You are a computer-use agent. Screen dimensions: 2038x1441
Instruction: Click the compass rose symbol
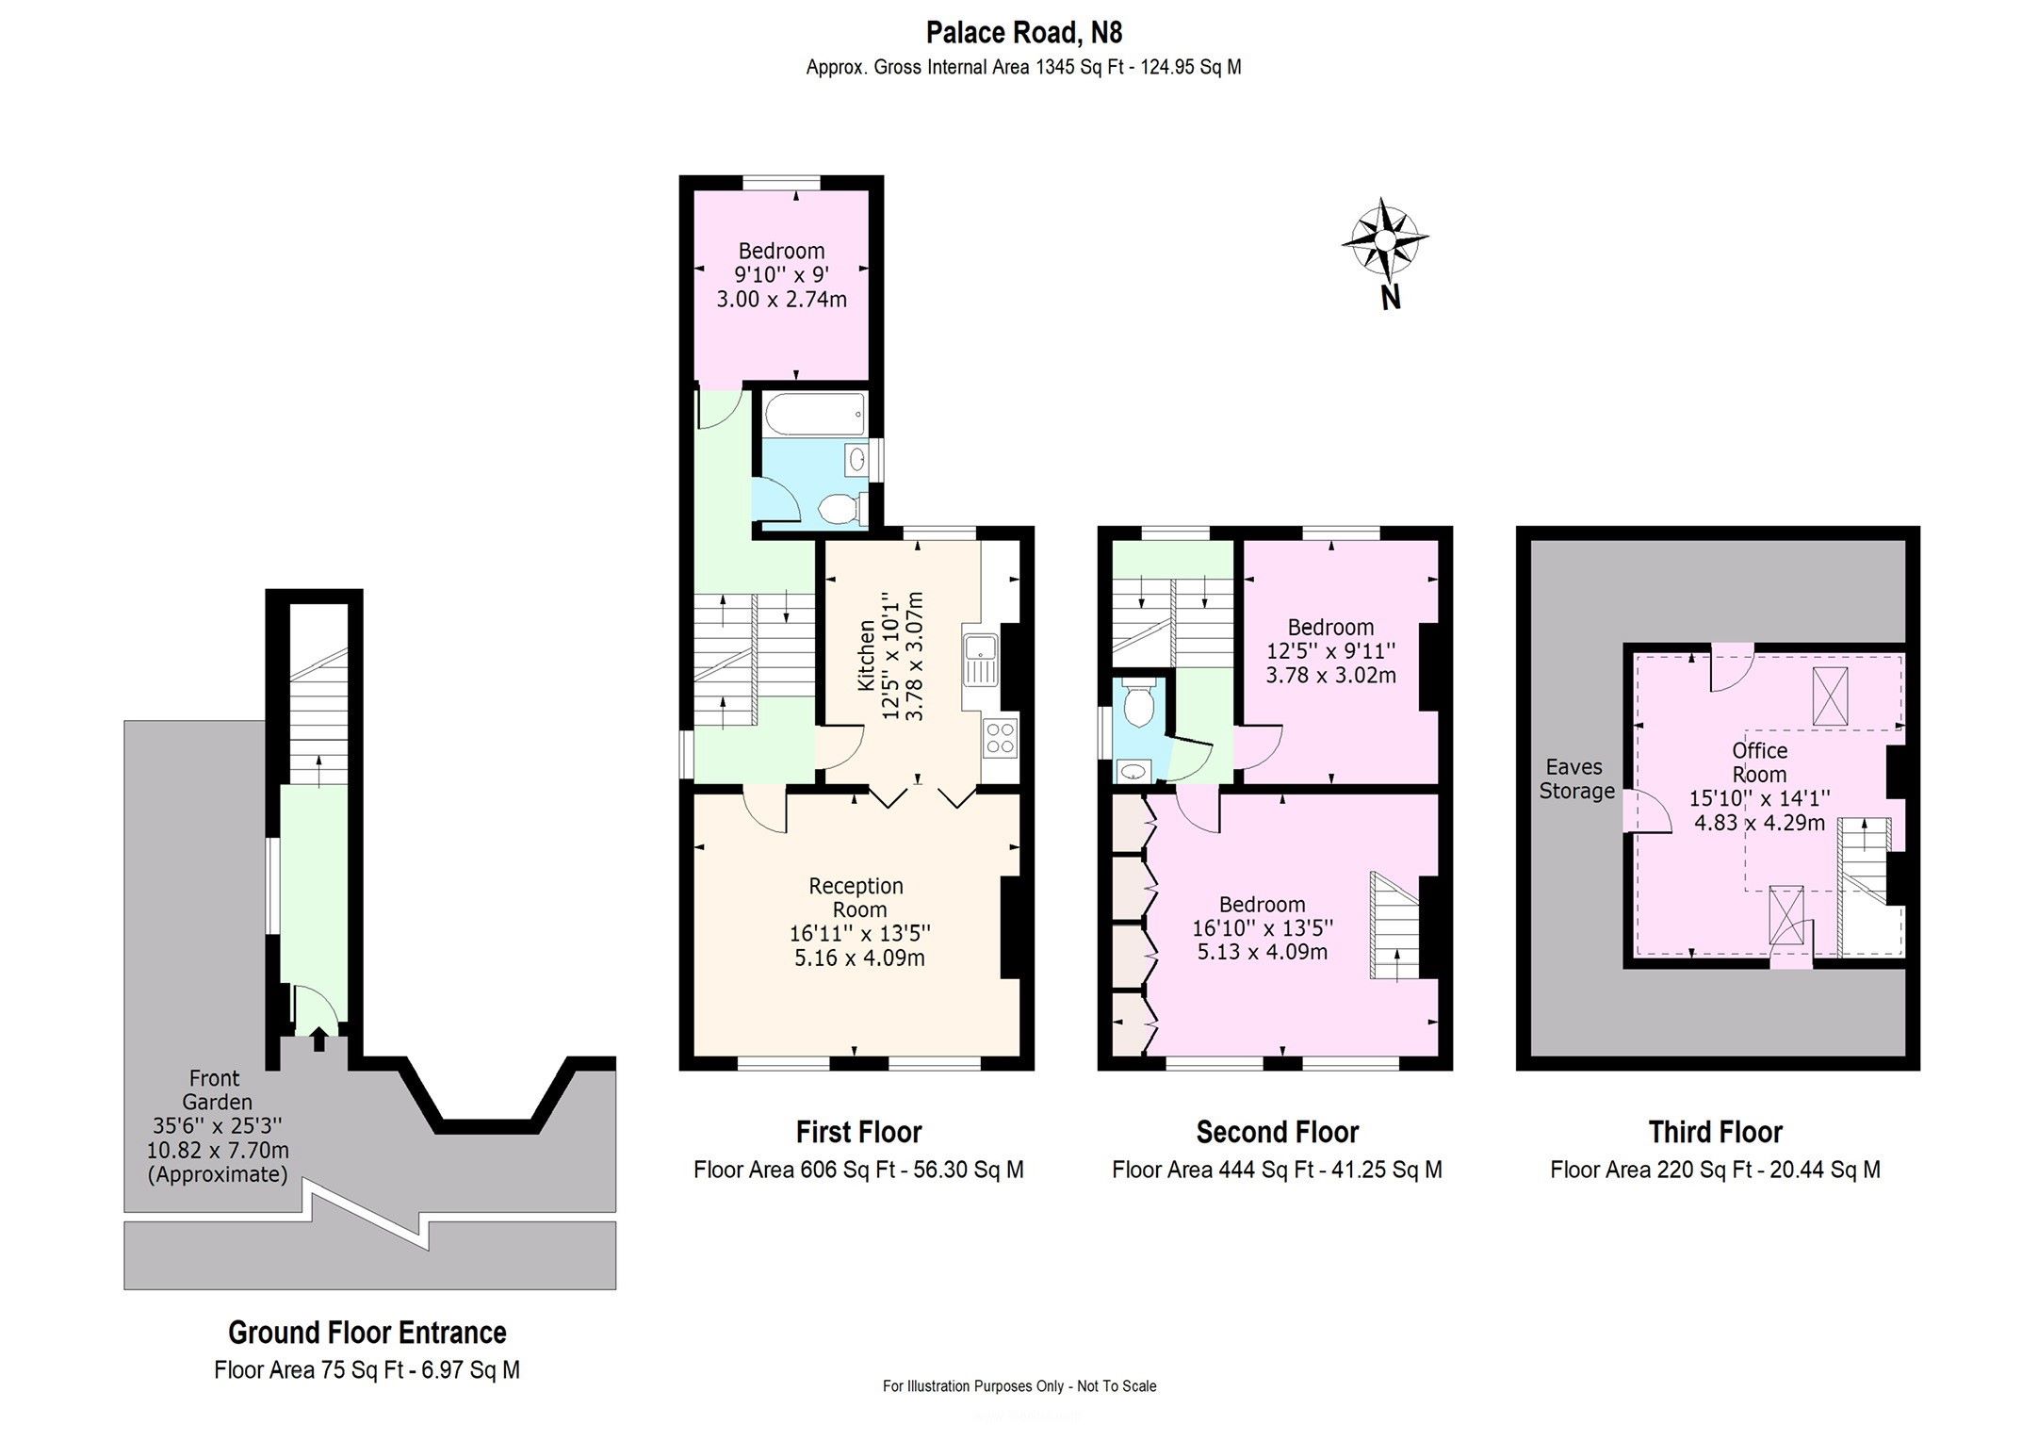click(1384, 241)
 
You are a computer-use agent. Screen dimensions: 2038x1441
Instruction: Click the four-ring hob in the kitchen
click(1000, 737)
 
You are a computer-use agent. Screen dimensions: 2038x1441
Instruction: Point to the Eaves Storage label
click(1576, 779)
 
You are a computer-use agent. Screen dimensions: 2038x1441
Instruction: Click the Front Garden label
click(218, 1089)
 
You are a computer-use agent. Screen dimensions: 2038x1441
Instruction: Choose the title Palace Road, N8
click(1024, 33)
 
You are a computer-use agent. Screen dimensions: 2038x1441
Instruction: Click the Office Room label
click(1759, 762)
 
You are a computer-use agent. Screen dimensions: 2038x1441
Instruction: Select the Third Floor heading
click(1716, 1131)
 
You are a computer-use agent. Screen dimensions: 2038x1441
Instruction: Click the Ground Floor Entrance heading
click(367, 1333)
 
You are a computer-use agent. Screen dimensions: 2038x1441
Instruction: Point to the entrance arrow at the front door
click(318, 1039)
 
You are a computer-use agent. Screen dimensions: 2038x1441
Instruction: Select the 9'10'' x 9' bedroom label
click(782, 275)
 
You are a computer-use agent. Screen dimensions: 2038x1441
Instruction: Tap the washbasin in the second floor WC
click(1135, 772)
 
